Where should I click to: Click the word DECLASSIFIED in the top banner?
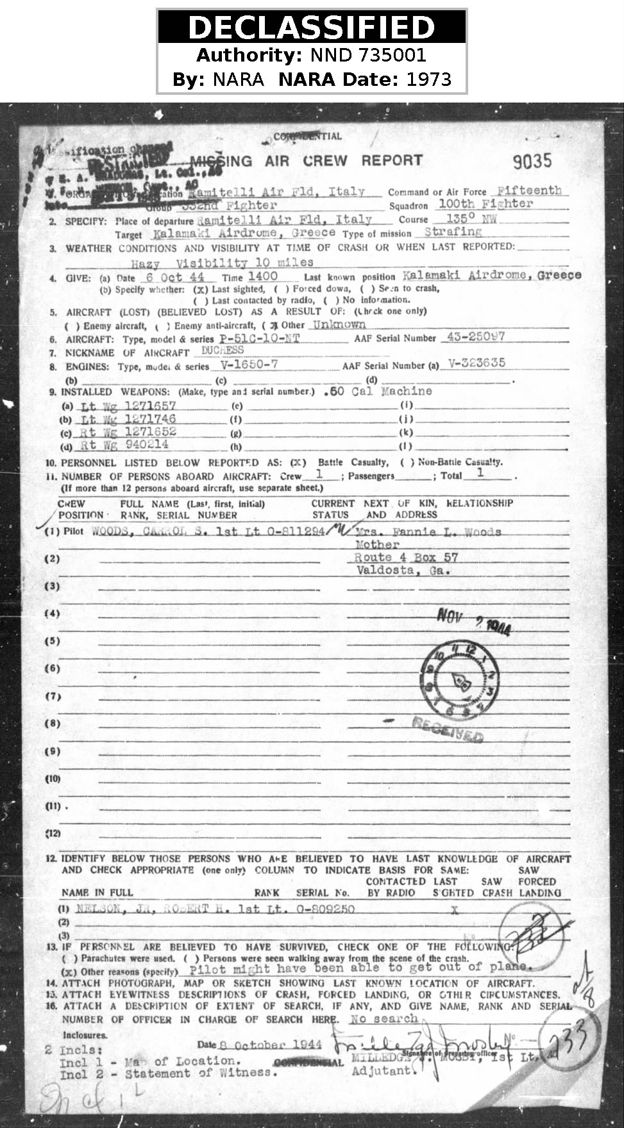(x=312, y=28)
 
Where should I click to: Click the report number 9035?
(x=532, y=161)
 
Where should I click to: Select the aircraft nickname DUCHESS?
(x=223, y=351)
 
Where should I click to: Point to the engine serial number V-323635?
(x=476, y=363)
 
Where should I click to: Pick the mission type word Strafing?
(x=453, y=231)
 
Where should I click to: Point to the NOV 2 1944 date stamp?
(x=473, y=620)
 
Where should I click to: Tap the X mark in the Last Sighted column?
(x=455, y=909)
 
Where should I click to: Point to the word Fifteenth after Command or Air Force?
(x=529, y=190)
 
